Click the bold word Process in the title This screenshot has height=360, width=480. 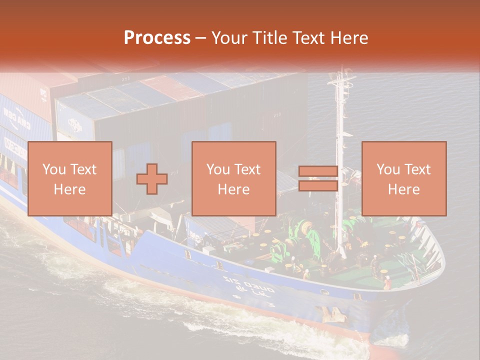click(157, 38)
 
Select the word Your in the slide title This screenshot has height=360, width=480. click(228, 38)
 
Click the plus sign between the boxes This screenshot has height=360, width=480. click(152, 178)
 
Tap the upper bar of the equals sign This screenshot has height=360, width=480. click(318, 171)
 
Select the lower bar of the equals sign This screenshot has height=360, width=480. click(318, 186)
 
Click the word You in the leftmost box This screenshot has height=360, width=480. click(53, 169)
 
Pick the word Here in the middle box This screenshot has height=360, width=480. click(234, 189)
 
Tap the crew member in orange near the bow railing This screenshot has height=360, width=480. click(387, 282)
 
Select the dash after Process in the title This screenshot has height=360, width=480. click(201, 38)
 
